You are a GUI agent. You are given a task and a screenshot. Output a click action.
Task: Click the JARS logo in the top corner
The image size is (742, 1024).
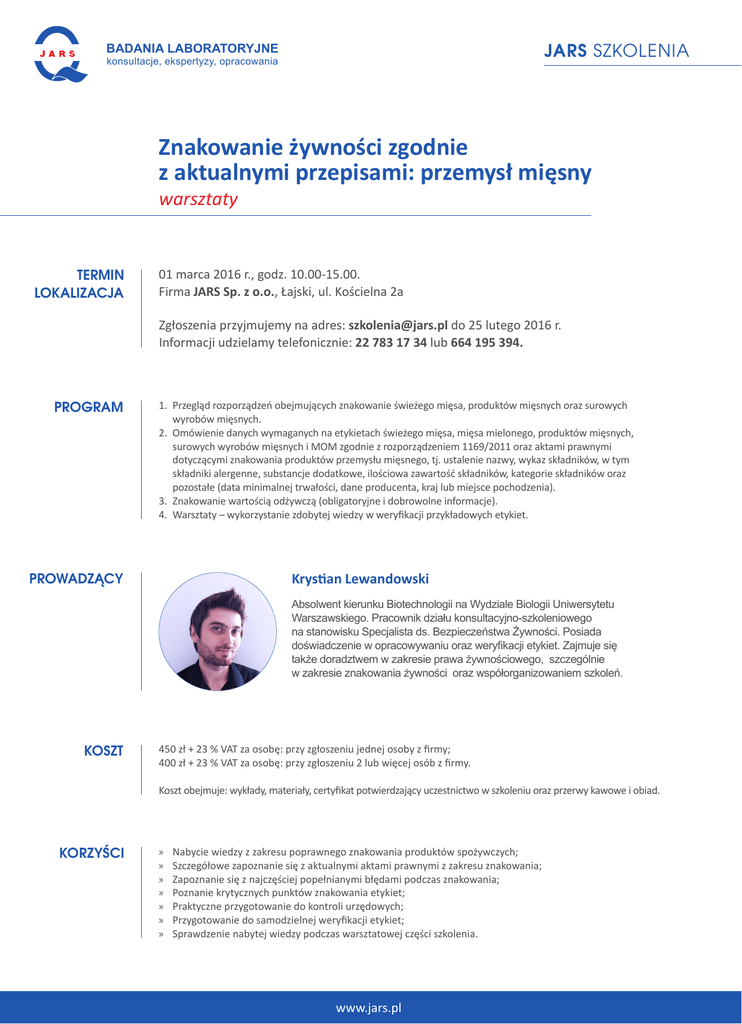61,55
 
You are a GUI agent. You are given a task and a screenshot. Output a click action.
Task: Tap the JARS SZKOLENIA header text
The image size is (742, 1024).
616,51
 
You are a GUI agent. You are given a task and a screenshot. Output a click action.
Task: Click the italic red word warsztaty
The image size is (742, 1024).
198,198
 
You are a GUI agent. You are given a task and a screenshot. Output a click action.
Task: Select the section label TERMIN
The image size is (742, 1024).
100,274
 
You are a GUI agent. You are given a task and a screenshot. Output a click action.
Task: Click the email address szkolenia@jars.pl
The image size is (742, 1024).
398,325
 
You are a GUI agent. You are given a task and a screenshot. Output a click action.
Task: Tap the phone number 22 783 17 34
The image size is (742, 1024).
391,342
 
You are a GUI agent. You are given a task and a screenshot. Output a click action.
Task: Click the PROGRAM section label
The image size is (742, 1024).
89,407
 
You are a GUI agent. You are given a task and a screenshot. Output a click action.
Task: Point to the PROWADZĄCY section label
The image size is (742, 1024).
76,578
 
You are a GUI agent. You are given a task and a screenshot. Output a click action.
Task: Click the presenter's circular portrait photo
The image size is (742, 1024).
217,631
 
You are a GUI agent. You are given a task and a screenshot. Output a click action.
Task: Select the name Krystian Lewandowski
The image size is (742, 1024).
360,579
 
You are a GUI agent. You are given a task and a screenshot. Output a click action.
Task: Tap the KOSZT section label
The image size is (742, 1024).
104,750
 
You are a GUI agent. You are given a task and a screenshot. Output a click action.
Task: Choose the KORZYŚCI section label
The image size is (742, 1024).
92,852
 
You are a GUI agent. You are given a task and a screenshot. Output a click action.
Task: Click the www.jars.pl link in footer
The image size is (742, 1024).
369,1008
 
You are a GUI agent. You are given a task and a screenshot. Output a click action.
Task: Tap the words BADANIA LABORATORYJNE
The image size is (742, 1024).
192,49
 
